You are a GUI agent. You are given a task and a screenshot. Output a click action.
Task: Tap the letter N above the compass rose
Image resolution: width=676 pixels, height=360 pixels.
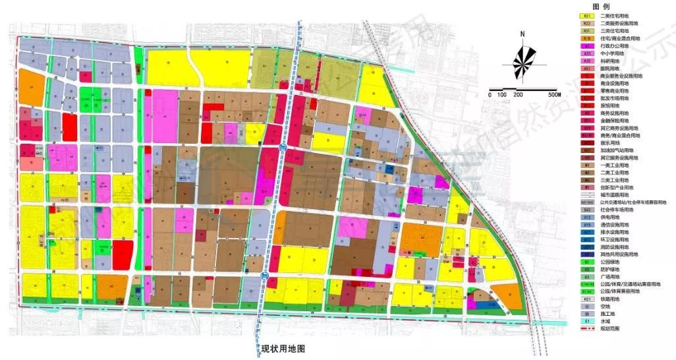coord(522,34)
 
